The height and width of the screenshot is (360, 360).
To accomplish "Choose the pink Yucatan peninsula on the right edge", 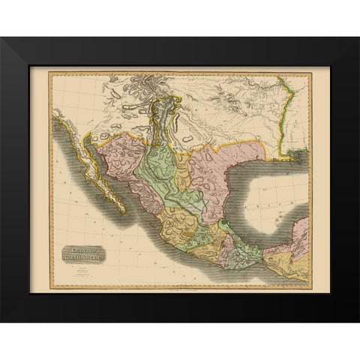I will coord(300,236).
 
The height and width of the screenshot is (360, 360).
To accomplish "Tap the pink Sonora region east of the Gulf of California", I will coord(120,154).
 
